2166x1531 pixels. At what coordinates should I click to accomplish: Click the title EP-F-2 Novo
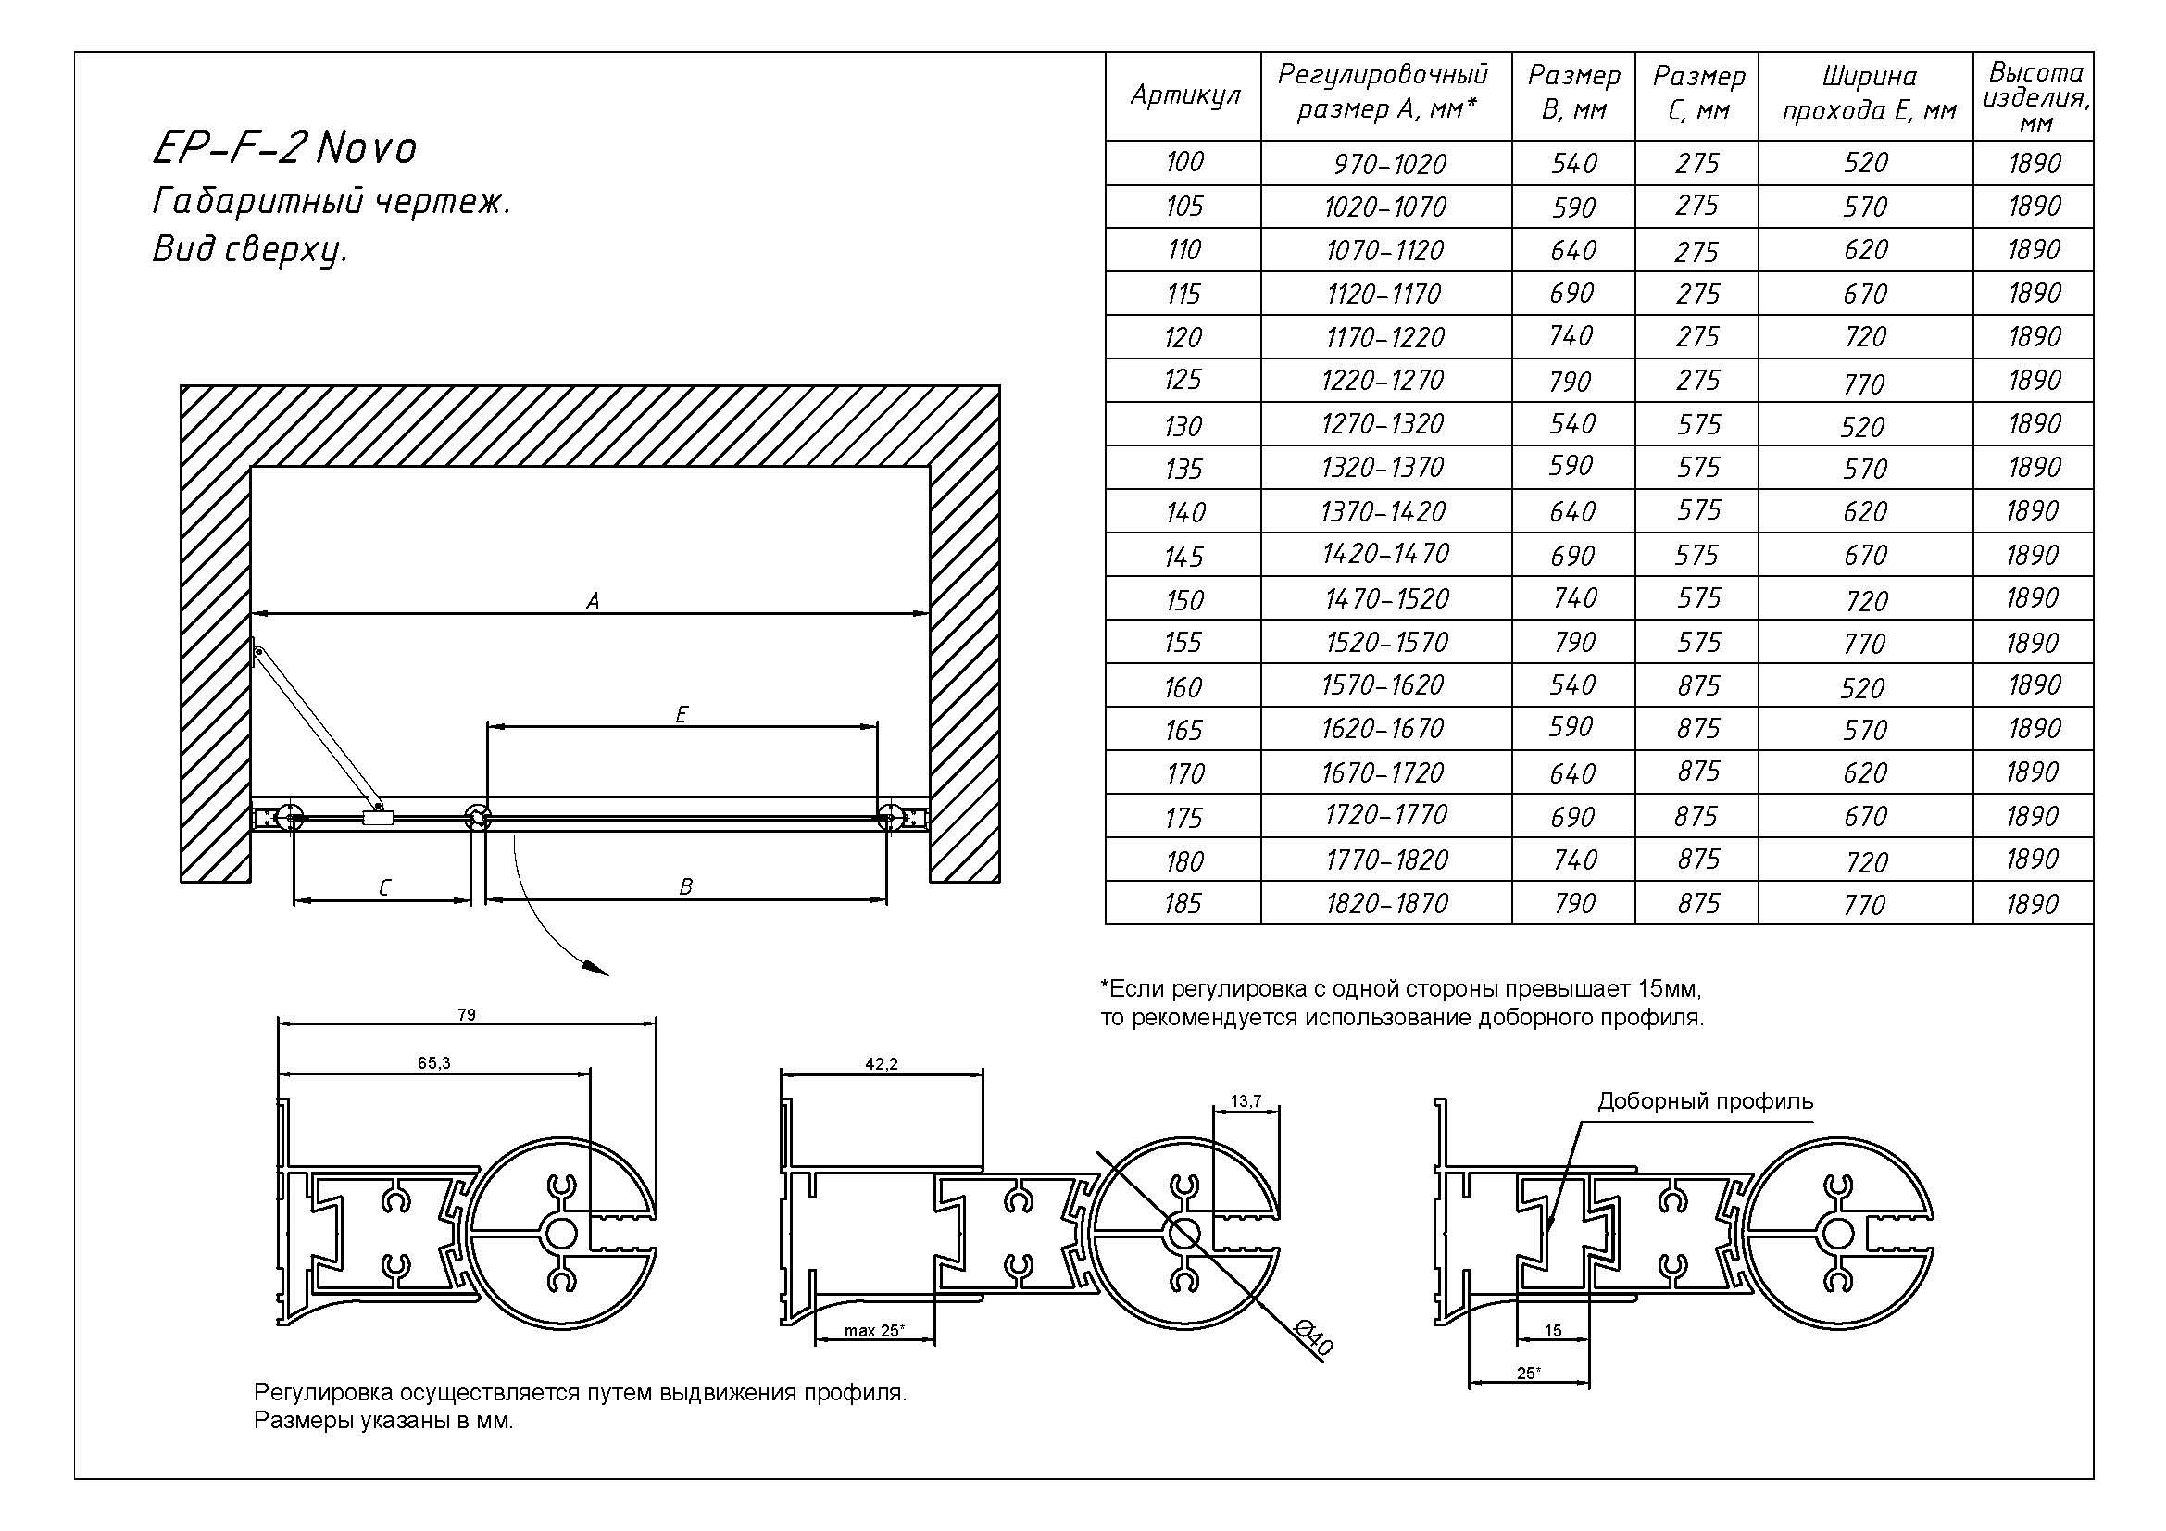[x=284, y=148]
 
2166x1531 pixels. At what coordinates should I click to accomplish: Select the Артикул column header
[x=1184, y=95]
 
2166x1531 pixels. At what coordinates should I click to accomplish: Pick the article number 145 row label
[x=1184, y=557]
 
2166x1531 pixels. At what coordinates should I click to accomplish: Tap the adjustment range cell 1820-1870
[x=1386, y=904]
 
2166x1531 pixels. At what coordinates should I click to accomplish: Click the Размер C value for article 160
[x=1697, y=685]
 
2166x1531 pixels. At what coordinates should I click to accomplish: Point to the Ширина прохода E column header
[x=1868, y=94]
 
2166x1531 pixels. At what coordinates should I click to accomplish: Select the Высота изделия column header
[x=2035, y=97]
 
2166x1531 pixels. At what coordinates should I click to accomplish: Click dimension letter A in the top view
[x=593, y=601]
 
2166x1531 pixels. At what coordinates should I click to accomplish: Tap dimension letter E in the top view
[x=682, y=715]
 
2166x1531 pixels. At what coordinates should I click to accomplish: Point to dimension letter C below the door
[x=384, y=887]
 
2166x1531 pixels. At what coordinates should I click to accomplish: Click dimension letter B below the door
[x=686, y=886]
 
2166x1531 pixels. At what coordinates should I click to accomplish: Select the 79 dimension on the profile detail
[x=466, y=1015]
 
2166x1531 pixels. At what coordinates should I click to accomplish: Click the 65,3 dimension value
[x=434, y=1063]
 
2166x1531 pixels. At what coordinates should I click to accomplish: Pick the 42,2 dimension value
[x=881, y=1064]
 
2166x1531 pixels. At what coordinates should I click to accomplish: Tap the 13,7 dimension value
[x=1246, y=1101]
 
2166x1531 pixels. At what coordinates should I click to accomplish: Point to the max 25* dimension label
[x=873, y=1331]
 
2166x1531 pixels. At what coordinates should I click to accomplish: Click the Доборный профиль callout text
[x=1705, y=1101]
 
